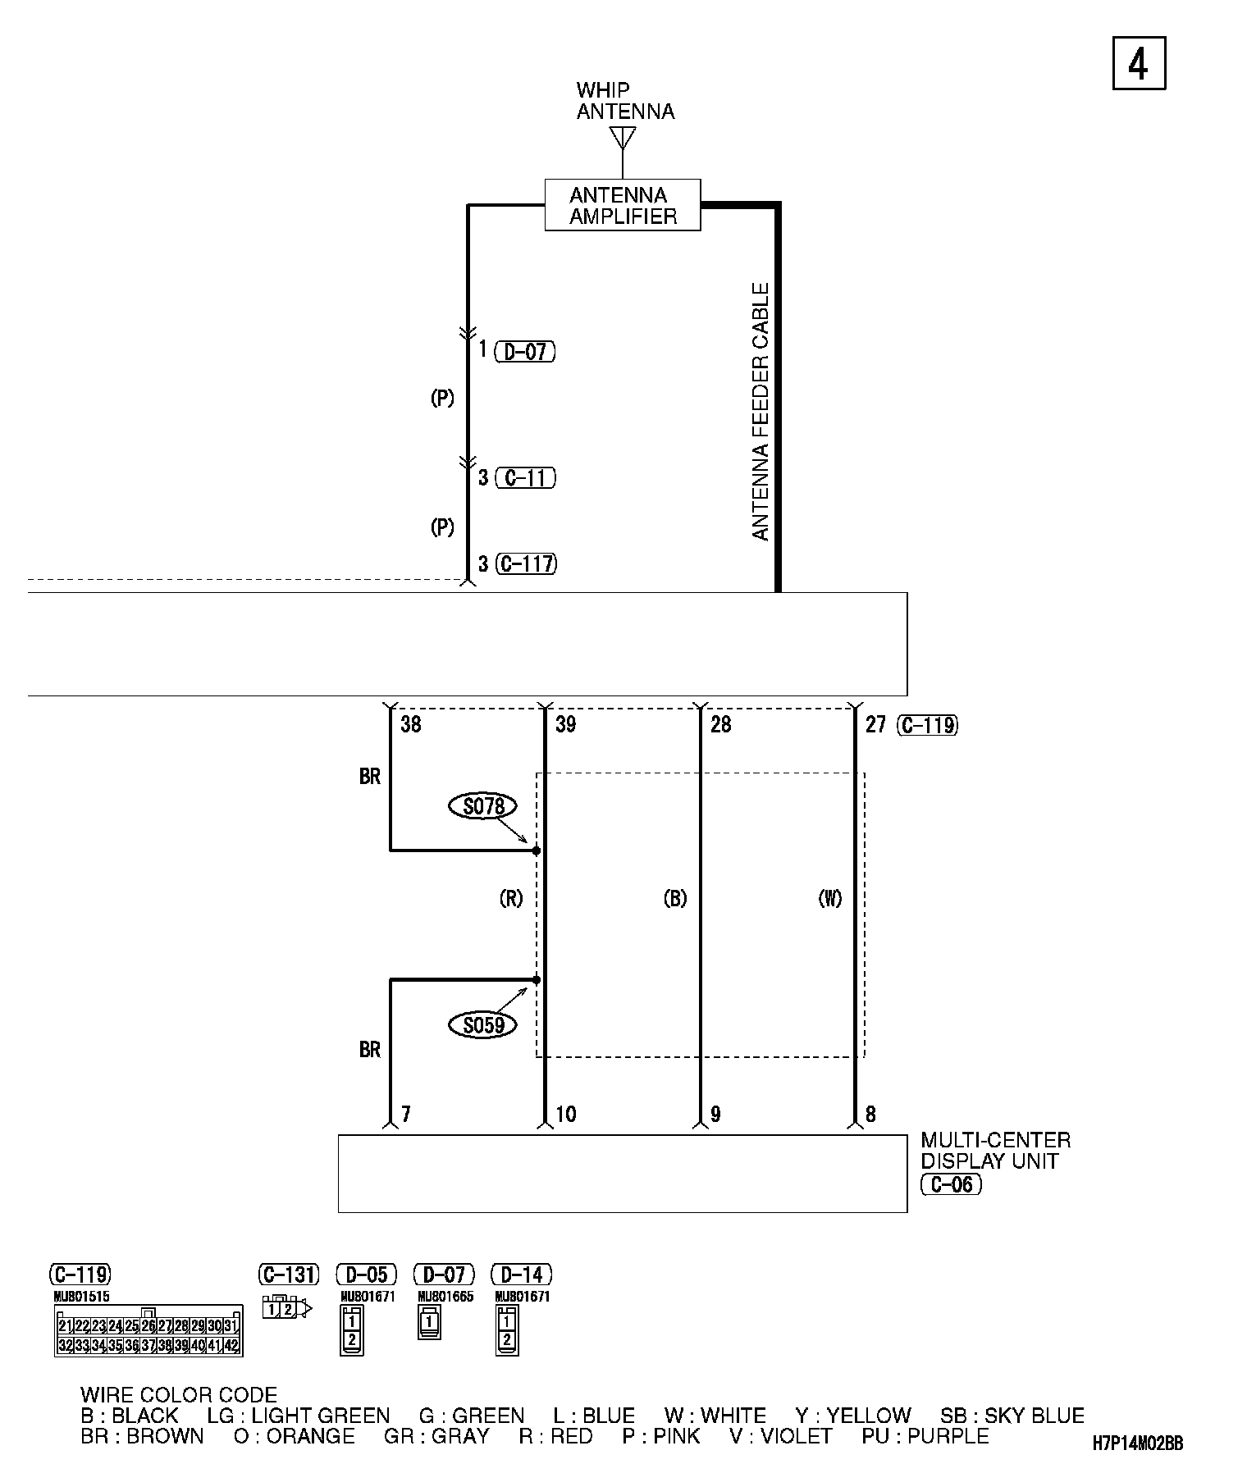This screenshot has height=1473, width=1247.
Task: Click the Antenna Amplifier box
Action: pos(623,205)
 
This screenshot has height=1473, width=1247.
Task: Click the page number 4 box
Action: pos(1139,63)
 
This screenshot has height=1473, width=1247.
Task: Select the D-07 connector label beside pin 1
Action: pos(525,352)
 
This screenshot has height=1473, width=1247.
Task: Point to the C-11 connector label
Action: pos(525,477)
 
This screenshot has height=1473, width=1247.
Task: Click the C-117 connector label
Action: pos(526,563)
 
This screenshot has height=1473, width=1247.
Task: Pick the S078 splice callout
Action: pos(483,806)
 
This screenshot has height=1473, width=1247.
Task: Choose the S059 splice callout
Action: pos(483,1025)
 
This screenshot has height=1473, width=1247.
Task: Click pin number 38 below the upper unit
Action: pos(410,725)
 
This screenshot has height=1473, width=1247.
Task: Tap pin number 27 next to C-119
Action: pos(876,725)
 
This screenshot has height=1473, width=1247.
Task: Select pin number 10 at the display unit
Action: pos(566,1115)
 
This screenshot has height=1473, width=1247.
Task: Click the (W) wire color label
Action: pos(830,899)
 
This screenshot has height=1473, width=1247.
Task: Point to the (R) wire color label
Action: pos(511,899)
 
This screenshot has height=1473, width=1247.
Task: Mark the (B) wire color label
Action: pos(674,899)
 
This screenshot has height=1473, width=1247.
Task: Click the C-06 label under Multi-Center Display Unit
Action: pos(951,1184)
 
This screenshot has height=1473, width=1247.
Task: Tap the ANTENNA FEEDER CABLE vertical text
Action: pos(761,412)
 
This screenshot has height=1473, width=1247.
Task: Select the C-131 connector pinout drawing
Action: pos(286,1309)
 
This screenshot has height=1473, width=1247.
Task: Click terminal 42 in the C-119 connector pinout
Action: pos(231,1345)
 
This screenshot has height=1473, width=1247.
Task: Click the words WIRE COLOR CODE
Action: pos(179,1394)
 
